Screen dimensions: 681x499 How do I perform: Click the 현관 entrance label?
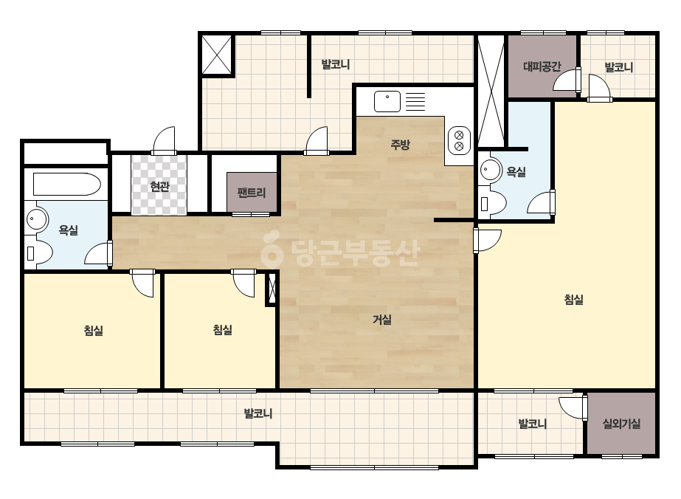click(x=159, y=187)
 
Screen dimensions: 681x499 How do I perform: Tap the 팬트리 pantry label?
click(x=252, y=193)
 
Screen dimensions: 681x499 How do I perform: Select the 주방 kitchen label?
click(x=400, y=144)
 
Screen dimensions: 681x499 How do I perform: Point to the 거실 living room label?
click(x=382, y=320)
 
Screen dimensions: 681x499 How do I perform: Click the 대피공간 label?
click(x=542, y=66)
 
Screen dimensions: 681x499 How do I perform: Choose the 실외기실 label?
click(x=621, y=424)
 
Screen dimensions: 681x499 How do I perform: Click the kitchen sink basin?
click(x=387, y=101)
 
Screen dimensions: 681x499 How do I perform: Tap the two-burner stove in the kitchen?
click(x=459, y=140)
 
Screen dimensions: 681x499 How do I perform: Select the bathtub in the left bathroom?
click(x=67, y=185)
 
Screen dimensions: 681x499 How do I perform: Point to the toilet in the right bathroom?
click(x=494, y=204)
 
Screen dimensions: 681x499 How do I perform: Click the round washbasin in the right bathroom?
click(x=491, y=170)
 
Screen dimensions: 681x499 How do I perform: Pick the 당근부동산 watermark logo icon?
click(x=272, y=249)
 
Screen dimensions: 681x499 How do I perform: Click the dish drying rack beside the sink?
click(x=415, y=102)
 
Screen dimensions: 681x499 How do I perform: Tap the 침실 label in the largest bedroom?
click(x=574, y=300)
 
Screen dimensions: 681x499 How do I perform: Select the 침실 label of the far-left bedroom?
click(x=94, y=331)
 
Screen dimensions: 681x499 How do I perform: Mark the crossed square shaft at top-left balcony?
click(x=217, y=55)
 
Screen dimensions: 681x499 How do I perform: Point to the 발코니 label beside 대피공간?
click(x=619, y=67)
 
